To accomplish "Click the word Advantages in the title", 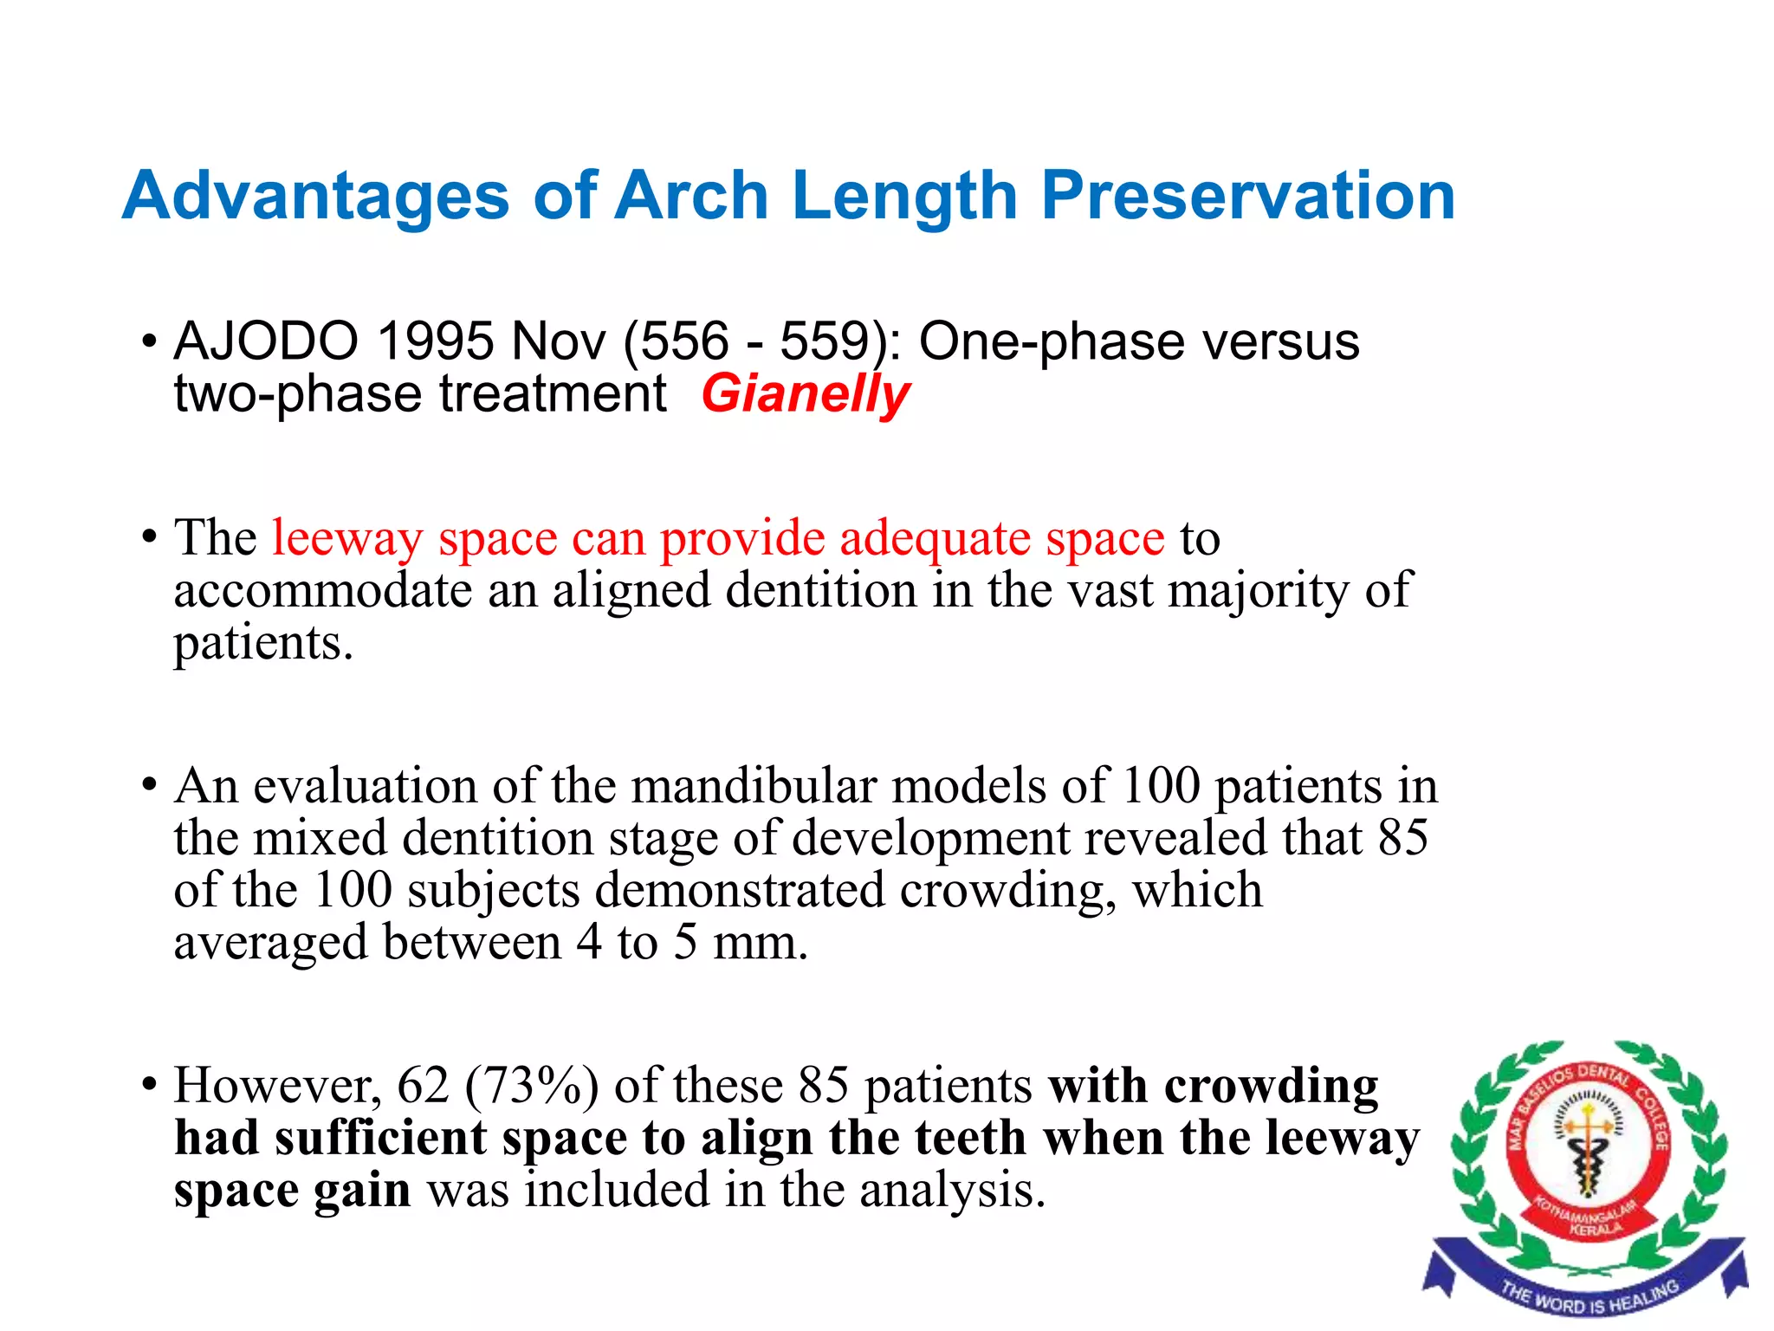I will pyautogui.click(x=316, y=197).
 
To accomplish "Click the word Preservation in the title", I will pyautogui.click(x=1247, y=197).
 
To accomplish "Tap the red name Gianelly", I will pyautogui.click(x=805, y=394).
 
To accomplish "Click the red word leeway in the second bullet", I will pyautogui.click(x=346, y=538).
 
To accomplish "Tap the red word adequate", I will pyautogui.click(x=934, y=538).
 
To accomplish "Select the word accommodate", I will pyautogui.click(x=323, y=591).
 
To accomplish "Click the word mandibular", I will pyautogui.click(x=754, y=786).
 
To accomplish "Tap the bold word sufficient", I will pyautogui.click(x=380, y=1139).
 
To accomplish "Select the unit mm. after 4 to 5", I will pyautogui.click(x=760, y=943).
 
